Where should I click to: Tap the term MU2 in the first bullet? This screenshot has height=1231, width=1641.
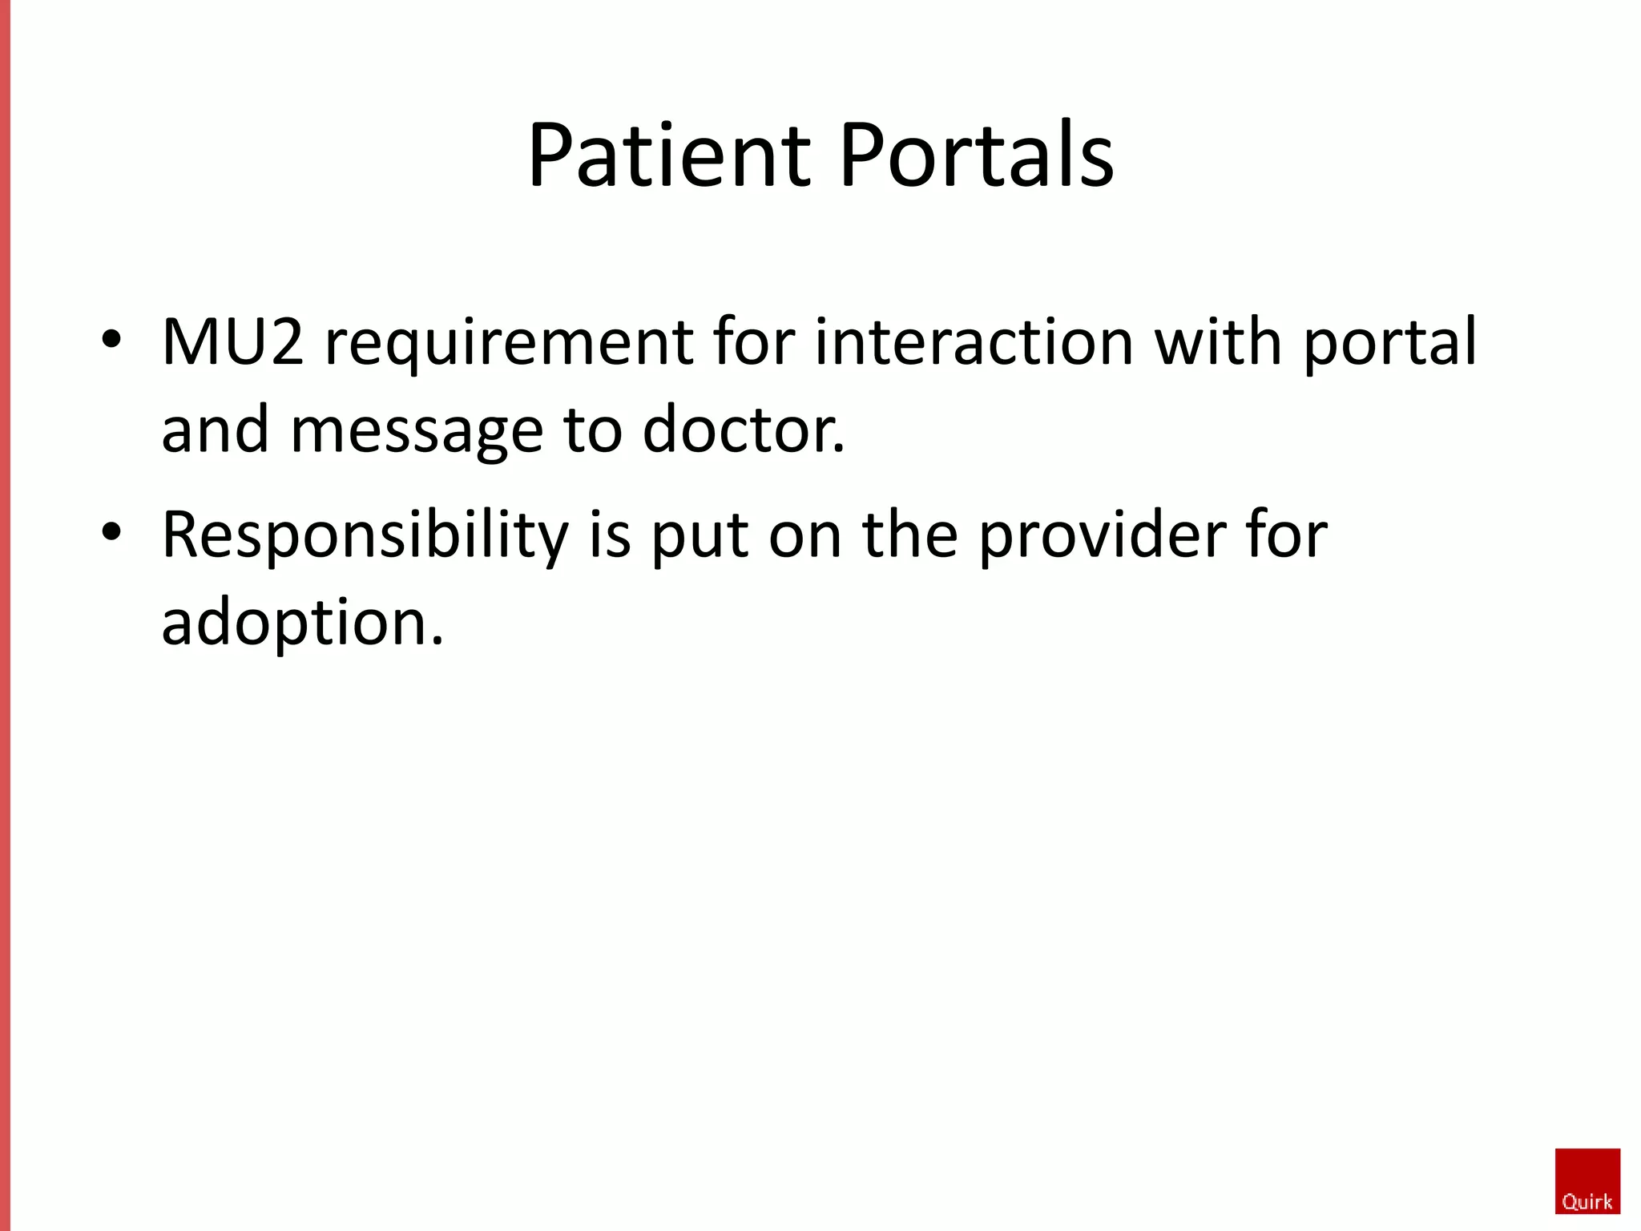coord(232,342)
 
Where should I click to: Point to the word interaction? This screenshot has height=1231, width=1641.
coord(974,342)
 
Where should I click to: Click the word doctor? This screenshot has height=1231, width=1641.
coord(743,430)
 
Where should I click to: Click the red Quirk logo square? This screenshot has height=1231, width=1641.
coord(1587,1181)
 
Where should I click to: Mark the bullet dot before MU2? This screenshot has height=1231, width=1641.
coord(111,338)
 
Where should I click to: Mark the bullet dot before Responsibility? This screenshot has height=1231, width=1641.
coord(111,531)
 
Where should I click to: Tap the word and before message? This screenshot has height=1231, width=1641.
coord(215,430)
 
